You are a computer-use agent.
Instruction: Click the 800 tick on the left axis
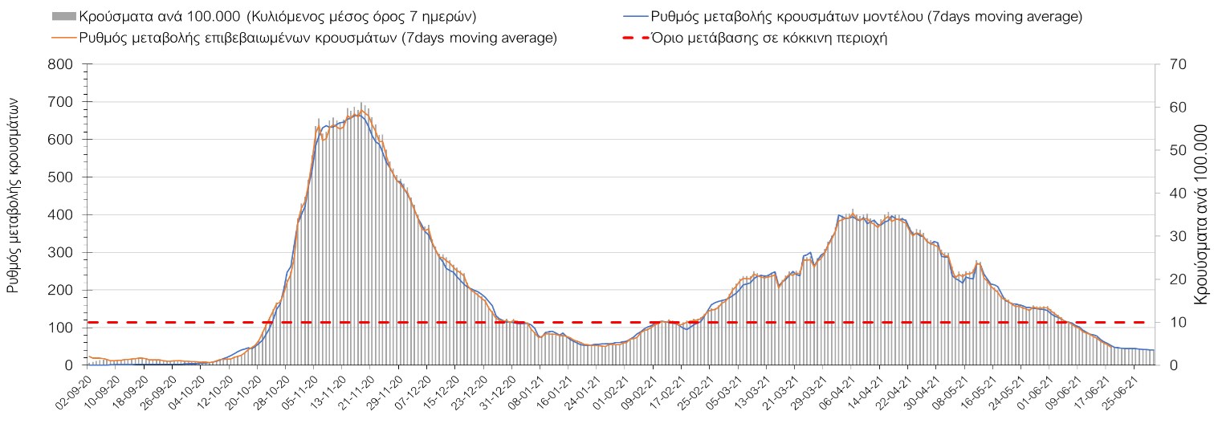pos(61,64)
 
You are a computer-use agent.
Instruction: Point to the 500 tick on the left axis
pos(61,177)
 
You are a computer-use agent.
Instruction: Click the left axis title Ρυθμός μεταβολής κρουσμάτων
pos(14,196)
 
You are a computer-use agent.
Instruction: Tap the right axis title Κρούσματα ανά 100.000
pos(1202,213)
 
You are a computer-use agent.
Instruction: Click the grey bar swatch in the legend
pos(63,16)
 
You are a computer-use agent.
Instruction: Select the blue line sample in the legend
pos(634,16)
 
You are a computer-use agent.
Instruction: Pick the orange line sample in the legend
pos(63,38)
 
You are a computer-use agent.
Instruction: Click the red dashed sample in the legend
pos(634,38)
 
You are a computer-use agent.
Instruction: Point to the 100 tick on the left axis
pos(61,328)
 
